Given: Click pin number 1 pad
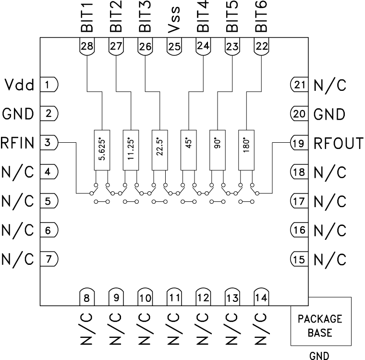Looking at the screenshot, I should (48, 85).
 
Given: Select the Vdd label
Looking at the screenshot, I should (20, 86).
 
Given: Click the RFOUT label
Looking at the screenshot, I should (338, 143).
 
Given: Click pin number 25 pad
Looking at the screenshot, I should (174, 47).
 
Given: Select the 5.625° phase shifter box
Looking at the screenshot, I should (101, 149).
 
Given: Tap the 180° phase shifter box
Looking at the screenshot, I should (246, 149).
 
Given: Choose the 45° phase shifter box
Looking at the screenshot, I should (188, 149).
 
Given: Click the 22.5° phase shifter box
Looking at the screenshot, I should (159, 149).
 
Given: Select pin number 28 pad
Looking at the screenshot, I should (87, 47).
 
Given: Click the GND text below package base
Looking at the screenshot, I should (319, 355).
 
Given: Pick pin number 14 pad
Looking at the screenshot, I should (261, 298).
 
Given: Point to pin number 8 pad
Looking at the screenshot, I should (87, 298).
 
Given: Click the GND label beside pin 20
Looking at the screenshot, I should (329, 114).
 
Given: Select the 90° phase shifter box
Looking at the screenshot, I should (217, 149).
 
